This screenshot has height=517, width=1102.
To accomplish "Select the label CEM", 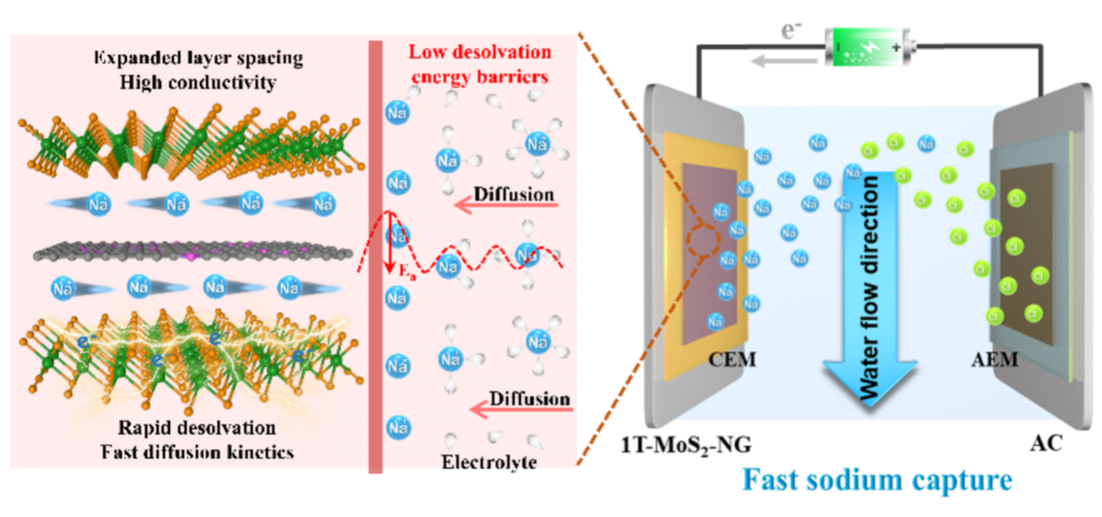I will click(732, 359).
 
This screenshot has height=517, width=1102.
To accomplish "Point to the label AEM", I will click(995, 359).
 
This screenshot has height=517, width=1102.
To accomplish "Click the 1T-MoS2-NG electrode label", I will click(686, 445).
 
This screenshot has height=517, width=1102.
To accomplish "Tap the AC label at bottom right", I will click(1046, 443).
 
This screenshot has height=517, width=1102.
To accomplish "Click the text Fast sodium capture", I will click(877, 480).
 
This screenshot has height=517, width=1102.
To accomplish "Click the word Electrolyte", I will click(489, 462).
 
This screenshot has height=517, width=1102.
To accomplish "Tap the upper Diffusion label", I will click(514, 194).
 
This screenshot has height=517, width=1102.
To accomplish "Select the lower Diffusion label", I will click(529, 399).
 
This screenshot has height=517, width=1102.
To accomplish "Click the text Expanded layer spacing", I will click(198, 58).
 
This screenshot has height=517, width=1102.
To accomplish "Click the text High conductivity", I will click(198, 83).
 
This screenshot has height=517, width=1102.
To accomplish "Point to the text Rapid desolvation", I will click(197, 427).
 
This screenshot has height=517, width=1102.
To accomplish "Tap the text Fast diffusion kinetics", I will click(197, 452).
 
